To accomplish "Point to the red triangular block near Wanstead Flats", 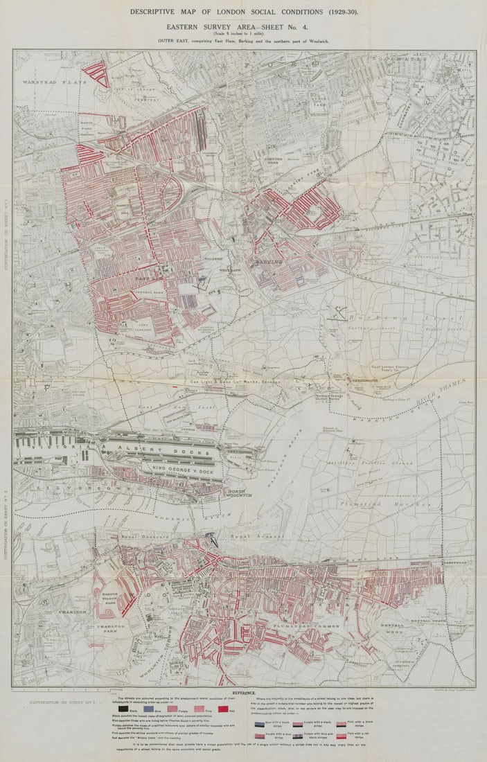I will pyautogui.click(x=97, y=72).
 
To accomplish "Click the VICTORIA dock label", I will pyautogui.click(x=51, y=448).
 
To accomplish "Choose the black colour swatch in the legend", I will pyautogui.click(x=123, y=709).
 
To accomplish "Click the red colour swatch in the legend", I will pyautogui.click(x=222, y=709).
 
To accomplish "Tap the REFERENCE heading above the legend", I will pyautogui.click(x=243, y=691).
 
